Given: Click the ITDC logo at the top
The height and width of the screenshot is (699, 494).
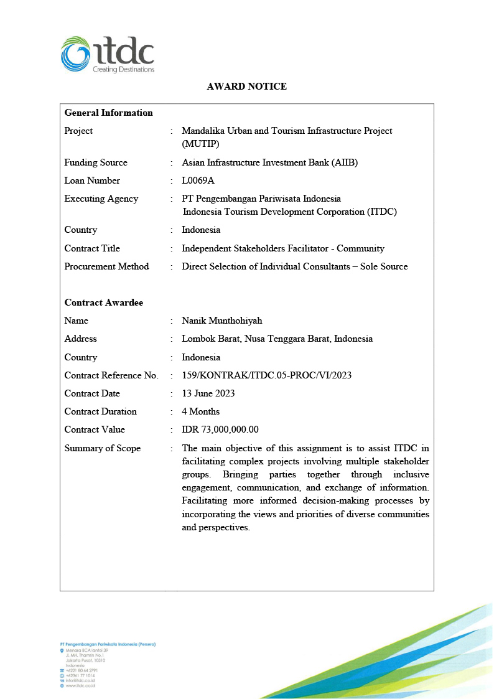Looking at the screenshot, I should [x=107, y=55].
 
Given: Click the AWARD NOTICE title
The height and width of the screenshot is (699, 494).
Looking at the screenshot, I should [x=247, y=87].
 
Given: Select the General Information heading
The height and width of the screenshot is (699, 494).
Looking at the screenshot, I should [x=109, y=113].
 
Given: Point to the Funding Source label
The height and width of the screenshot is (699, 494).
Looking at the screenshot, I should [x=96, y=162].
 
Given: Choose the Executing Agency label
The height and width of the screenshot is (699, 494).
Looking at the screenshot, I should [x=101, y=199].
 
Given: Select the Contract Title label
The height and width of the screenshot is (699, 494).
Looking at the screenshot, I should [x=92, y=248].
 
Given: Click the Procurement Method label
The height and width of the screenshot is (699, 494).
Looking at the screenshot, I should [x=106, y=266].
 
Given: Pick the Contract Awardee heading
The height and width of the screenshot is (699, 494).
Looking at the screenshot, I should [x=104, y=303].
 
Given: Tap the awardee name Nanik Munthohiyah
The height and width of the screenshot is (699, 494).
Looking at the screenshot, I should [x=222, y=321].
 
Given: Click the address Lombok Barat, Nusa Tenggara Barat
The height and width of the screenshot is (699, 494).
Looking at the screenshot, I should [x=277, y=339].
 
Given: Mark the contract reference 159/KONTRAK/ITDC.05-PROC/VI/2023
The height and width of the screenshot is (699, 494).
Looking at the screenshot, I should [x=263, y=375].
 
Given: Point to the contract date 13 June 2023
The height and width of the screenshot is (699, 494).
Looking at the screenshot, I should [x=208, y=393].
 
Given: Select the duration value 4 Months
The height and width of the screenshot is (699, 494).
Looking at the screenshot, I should [x=200, y=411].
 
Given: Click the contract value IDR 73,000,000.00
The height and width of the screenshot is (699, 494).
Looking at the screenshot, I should [x=220, y=429].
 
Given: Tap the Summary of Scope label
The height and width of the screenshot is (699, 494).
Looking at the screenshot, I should [x=103, y=448].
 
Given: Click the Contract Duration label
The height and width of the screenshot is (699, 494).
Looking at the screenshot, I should [x=101, y=411].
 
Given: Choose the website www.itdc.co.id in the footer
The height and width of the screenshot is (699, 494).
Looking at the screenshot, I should [x=81, y=685].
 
